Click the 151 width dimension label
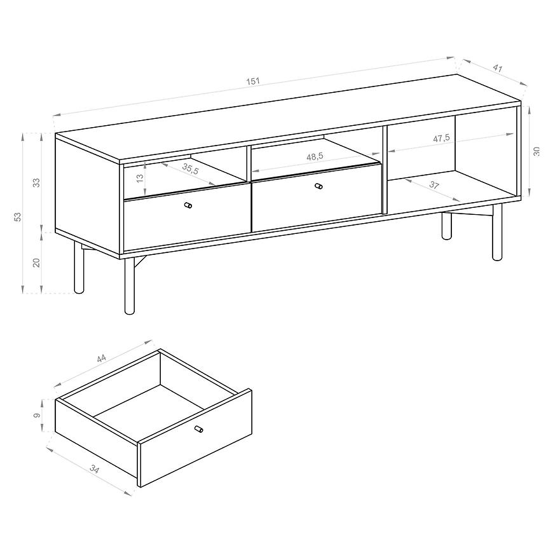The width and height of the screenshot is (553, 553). tap(252, 81)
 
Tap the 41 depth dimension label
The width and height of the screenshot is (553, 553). tap(497, 68)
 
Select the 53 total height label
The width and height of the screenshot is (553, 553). tap(18, 217)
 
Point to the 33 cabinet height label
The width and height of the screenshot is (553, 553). tap(37, 182)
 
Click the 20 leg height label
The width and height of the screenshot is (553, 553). tap(37, 263)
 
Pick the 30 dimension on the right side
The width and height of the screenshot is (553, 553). tap(536, 152)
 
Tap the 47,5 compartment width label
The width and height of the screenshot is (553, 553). tap(441, 139)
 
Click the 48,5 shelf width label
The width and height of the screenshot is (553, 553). tap(315, 156)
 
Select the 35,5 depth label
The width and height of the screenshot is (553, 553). tap(191, 169)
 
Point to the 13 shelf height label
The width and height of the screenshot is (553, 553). tap(140, 178)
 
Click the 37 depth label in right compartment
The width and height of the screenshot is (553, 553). tap(434, 184)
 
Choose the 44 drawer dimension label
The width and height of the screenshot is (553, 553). tap(101, 358)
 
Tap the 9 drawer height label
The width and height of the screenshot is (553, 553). tap(37, 416)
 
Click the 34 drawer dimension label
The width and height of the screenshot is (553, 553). tap(95, 469)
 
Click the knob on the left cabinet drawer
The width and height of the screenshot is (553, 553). tap(188, 205)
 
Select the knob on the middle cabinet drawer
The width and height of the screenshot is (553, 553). tap(318, 186)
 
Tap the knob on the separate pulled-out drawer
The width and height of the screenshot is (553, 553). tap(199, 429)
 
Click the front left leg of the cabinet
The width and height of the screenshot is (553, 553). tap(130, 286)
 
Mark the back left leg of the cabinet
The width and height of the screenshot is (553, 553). tap(79, 268)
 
